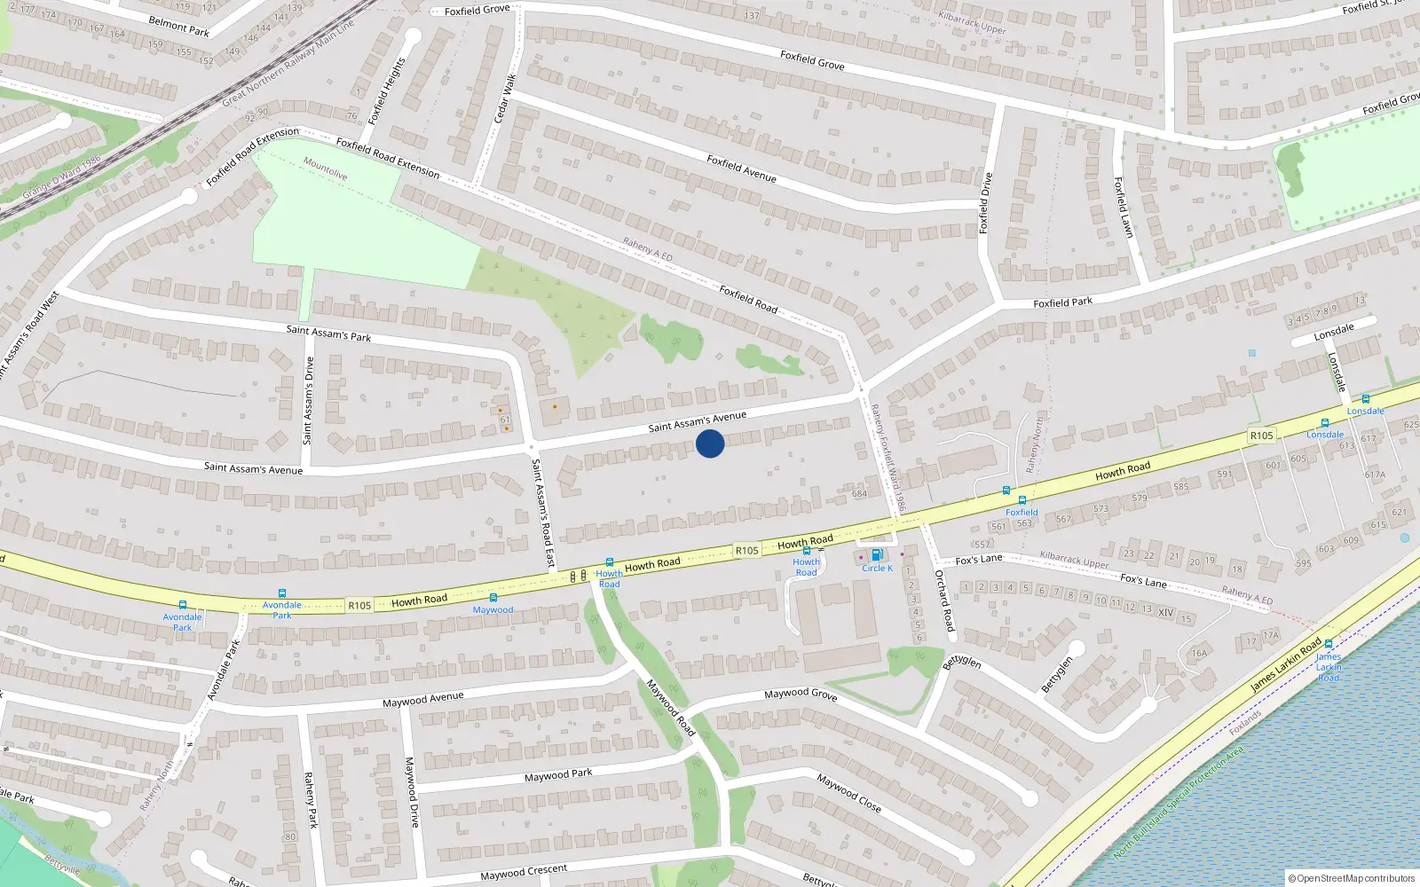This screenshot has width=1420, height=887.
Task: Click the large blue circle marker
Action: coord(710,443)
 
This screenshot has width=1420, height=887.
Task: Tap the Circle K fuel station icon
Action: coord(877,555)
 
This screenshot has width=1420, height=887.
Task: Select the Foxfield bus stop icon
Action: coord(1022,501)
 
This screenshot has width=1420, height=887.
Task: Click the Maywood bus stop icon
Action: coord(493,599)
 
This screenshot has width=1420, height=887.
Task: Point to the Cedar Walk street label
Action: coord(504,98)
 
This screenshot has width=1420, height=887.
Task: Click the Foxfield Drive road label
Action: coord(984,203)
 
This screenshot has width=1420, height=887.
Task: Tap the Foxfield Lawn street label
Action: coord(1124,207)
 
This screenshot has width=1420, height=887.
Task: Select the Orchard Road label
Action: coord(945,600)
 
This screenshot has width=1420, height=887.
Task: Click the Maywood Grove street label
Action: coord(801,694)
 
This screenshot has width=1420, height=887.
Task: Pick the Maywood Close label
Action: coord(849,793)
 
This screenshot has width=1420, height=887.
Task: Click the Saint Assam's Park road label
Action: coord(328,334)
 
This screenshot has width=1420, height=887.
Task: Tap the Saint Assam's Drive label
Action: coord(308,400)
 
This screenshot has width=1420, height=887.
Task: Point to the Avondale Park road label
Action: coord(224,669)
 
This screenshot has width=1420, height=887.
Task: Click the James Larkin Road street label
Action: coord(1286,666)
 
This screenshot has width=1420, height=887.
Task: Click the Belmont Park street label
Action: coord(178,27)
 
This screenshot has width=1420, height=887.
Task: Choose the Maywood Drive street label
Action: coord(412,792)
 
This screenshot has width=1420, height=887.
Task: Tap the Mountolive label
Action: coord(326,169)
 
